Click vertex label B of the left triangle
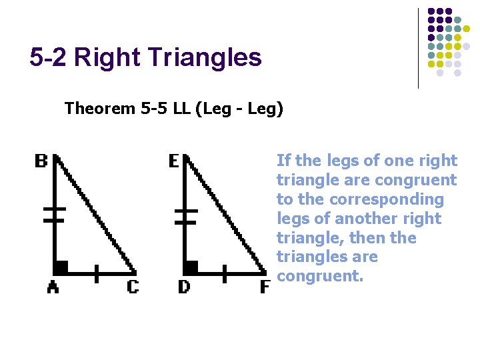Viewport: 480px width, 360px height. click(41, 161)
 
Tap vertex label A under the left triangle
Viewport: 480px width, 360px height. click(52, 287)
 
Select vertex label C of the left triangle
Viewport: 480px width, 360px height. click(133, 287)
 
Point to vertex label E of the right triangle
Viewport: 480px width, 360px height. click(173, 161)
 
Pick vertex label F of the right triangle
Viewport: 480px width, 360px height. click(265, 287)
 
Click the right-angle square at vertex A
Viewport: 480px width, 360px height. click(61, 267)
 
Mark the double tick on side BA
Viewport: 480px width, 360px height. click(54, 214)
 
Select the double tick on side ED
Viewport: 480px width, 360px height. click(186, 214)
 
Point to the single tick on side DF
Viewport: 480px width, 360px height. click(225, 273)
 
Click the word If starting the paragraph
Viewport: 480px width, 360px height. click(283, 161)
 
